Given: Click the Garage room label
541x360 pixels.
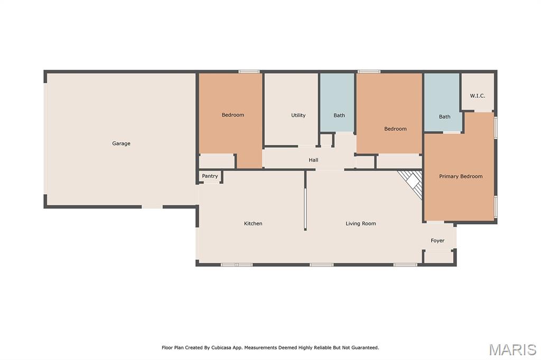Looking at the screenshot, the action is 121,144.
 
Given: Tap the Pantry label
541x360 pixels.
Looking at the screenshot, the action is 210,176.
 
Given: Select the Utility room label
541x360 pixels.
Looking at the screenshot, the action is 298,115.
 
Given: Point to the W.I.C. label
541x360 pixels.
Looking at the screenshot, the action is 478,96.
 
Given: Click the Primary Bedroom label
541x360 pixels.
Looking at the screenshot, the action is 461,176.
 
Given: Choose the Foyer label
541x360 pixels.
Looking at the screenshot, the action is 437,240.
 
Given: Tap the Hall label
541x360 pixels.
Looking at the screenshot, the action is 313,159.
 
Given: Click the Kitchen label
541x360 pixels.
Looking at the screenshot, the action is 253,223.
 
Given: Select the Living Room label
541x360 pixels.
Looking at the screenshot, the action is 360,223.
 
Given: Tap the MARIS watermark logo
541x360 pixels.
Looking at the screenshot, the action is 512,349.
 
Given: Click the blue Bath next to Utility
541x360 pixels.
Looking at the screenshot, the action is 338,102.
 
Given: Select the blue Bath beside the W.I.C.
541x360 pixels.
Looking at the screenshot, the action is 442,102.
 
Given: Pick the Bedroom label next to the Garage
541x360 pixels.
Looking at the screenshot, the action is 232,115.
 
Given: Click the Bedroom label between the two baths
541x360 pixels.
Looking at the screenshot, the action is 395,129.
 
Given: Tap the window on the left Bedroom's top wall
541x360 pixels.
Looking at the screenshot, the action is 249,72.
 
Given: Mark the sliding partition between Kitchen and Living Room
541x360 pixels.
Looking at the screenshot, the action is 305,209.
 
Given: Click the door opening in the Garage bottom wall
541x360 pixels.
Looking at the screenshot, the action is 152,207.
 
